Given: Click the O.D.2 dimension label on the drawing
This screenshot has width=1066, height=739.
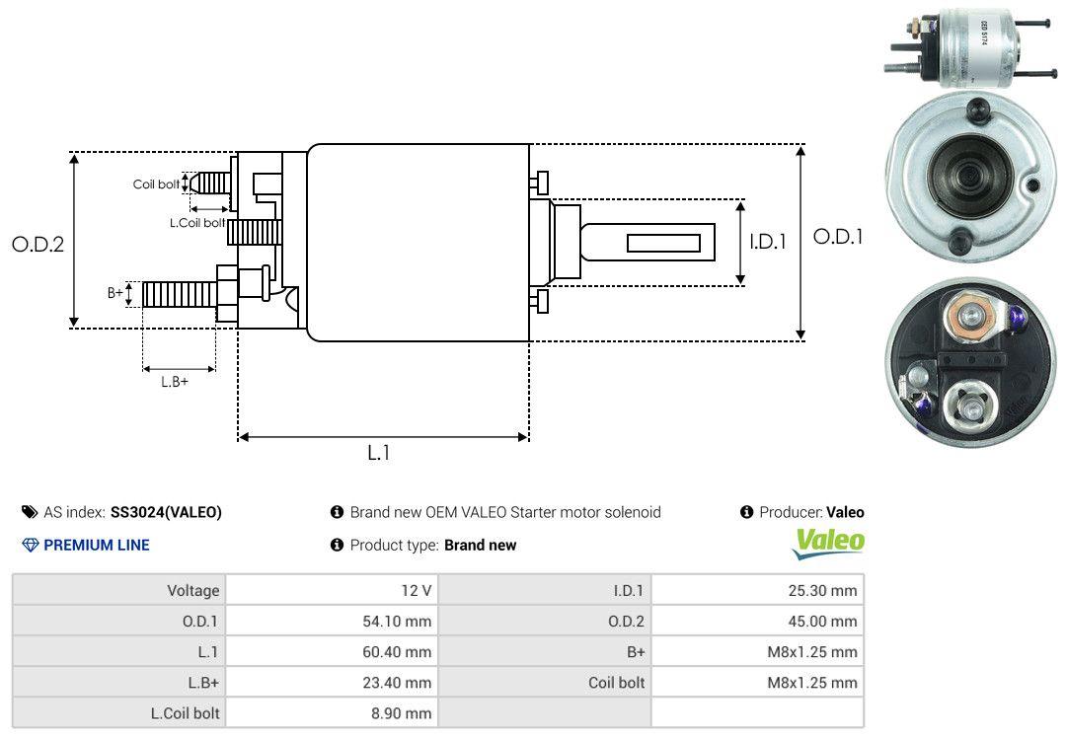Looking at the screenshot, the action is pyautogui.click(x=38, y=244).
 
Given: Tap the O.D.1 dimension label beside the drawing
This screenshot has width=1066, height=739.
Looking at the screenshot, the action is pyautogui.click(x=838, y=237).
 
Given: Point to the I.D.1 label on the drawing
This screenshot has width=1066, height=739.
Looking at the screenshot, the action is pyautogui.click(x=768, y=242).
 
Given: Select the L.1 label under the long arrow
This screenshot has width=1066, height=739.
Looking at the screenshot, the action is pyautogui.click(x=379, y=453).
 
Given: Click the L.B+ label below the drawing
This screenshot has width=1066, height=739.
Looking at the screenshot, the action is pyautogui.click(x=175, y=382).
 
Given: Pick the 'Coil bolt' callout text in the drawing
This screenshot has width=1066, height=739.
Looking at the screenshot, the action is pyautogui.click(x=156, y=185).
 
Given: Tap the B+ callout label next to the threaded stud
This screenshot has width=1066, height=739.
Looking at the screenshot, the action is pyautogui.click(x=114, y=293).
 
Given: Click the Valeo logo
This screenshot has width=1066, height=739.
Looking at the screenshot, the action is pyautogui.click(x=828, y=544).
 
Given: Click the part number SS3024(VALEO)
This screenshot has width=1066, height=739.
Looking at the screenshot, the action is pyautogui.click(x=166, y=513).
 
